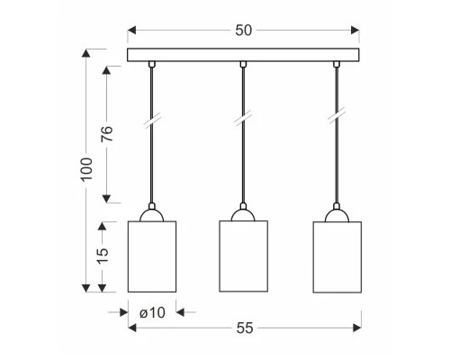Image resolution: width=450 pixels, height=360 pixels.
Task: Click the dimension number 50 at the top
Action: click(243, 30)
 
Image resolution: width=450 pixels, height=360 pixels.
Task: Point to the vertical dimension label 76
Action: click(107, 135)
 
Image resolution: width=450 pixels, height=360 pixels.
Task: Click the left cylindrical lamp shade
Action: click(151, 256)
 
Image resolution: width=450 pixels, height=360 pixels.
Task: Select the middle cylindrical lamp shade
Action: click(243, 256)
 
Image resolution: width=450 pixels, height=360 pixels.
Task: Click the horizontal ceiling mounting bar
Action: click(243, 55)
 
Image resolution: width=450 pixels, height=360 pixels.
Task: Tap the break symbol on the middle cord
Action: click(243, 118)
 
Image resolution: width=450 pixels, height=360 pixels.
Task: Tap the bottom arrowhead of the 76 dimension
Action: click(107, 200)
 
